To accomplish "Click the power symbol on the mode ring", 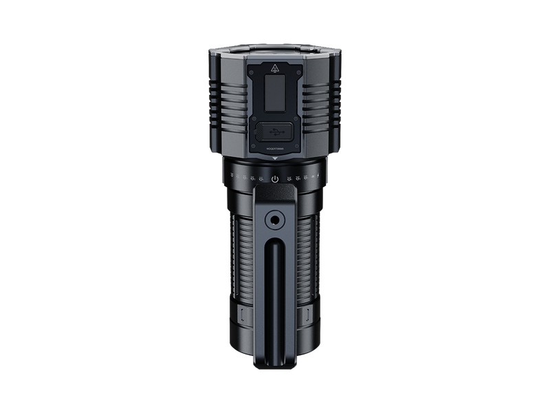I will tap(275, 179).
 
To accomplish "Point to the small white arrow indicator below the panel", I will tap(275, 158).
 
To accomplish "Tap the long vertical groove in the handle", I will tap(275, 296).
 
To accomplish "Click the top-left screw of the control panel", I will tap(253, 69).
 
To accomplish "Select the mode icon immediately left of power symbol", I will tap(262, 179).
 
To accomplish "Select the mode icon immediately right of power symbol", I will tap(288, 179).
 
